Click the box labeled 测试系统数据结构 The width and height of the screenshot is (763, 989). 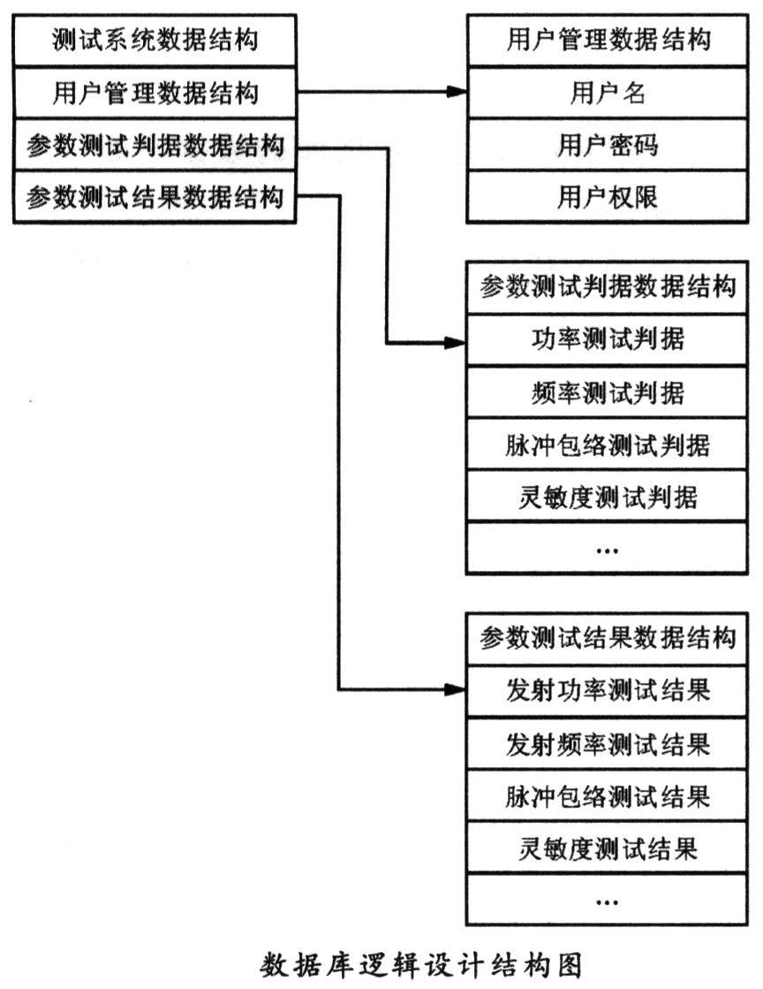(155, 41)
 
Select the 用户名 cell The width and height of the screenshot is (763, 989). (608, 93)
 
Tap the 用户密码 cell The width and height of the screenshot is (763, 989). (608, 144)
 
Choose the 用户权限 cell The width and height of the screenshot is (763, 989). (608, 197)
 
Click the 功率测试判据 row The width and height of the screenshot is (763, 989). (607, 340)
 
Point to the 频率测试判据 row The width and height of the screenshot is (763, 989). (607, 392)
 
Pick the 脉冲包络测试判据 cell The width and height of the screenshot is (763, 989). (607, 444)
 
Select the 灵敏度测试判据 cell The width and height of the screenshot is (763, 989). (607, 497)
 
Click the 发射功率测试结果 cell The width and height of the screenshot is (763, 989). (607, 690)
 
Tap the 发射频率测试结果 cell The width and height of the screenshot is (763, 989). (607, 743)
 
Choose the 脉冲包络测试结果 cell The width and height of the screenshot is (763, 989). (607, 795)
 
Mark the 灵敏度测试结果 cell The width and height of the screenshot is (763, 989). (607, 848)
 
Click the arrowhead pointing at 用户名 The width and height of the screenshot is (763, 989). (457, 92)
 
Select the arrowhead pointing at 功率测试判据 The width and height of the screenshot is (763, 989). (456, 343)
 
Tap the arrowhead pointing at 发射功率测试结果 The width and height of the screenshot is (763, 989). (456, 689)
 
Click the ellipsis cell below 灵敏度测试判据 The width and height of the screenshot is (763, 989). (607, 548)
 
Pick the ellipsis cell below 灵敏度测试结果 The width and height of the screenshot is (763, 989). (607, 900)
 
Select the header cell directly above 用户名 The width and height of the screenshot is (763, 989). (608, 41)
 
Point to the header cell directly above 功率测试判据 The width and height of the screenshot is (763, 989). (607, 287)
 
